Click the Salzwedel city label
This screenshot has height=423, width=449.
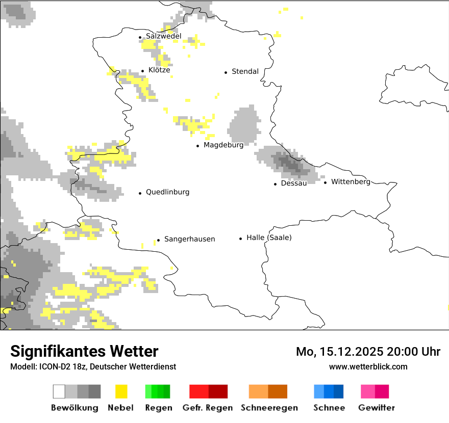[163, 36]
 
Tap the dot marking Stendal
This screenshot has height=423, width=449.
[226, 72]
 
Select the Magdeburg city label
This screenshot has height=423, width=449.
[223, 145]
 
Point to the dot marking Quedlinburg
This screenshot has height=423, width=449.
[140, 193]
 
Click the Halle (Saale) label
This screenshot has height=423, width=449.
[269, 237]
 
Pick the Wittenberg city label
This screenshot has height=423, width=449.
[351, 181]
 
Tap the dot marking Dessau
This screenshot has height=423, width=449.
[276, 184]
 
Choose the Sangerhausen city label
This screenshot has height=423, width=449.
[189, 239]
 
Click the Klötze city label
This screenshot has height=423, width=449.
[159, 70]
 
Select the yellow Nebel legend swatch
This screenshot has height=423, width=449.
[121, 391]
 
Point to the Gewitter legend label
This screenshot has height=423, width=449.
[377, 408]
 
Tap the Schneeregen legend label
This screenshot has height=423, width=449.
[269, 408]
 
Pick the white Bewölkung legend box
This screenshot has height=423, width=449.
[59, 391]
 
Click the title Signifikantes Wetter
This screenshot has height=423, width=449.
[84, 351]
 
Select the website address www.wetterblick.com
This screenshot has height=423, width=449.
[368, 366]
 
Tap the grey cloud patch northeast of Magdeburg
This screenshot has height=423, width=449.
[244, 125]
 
